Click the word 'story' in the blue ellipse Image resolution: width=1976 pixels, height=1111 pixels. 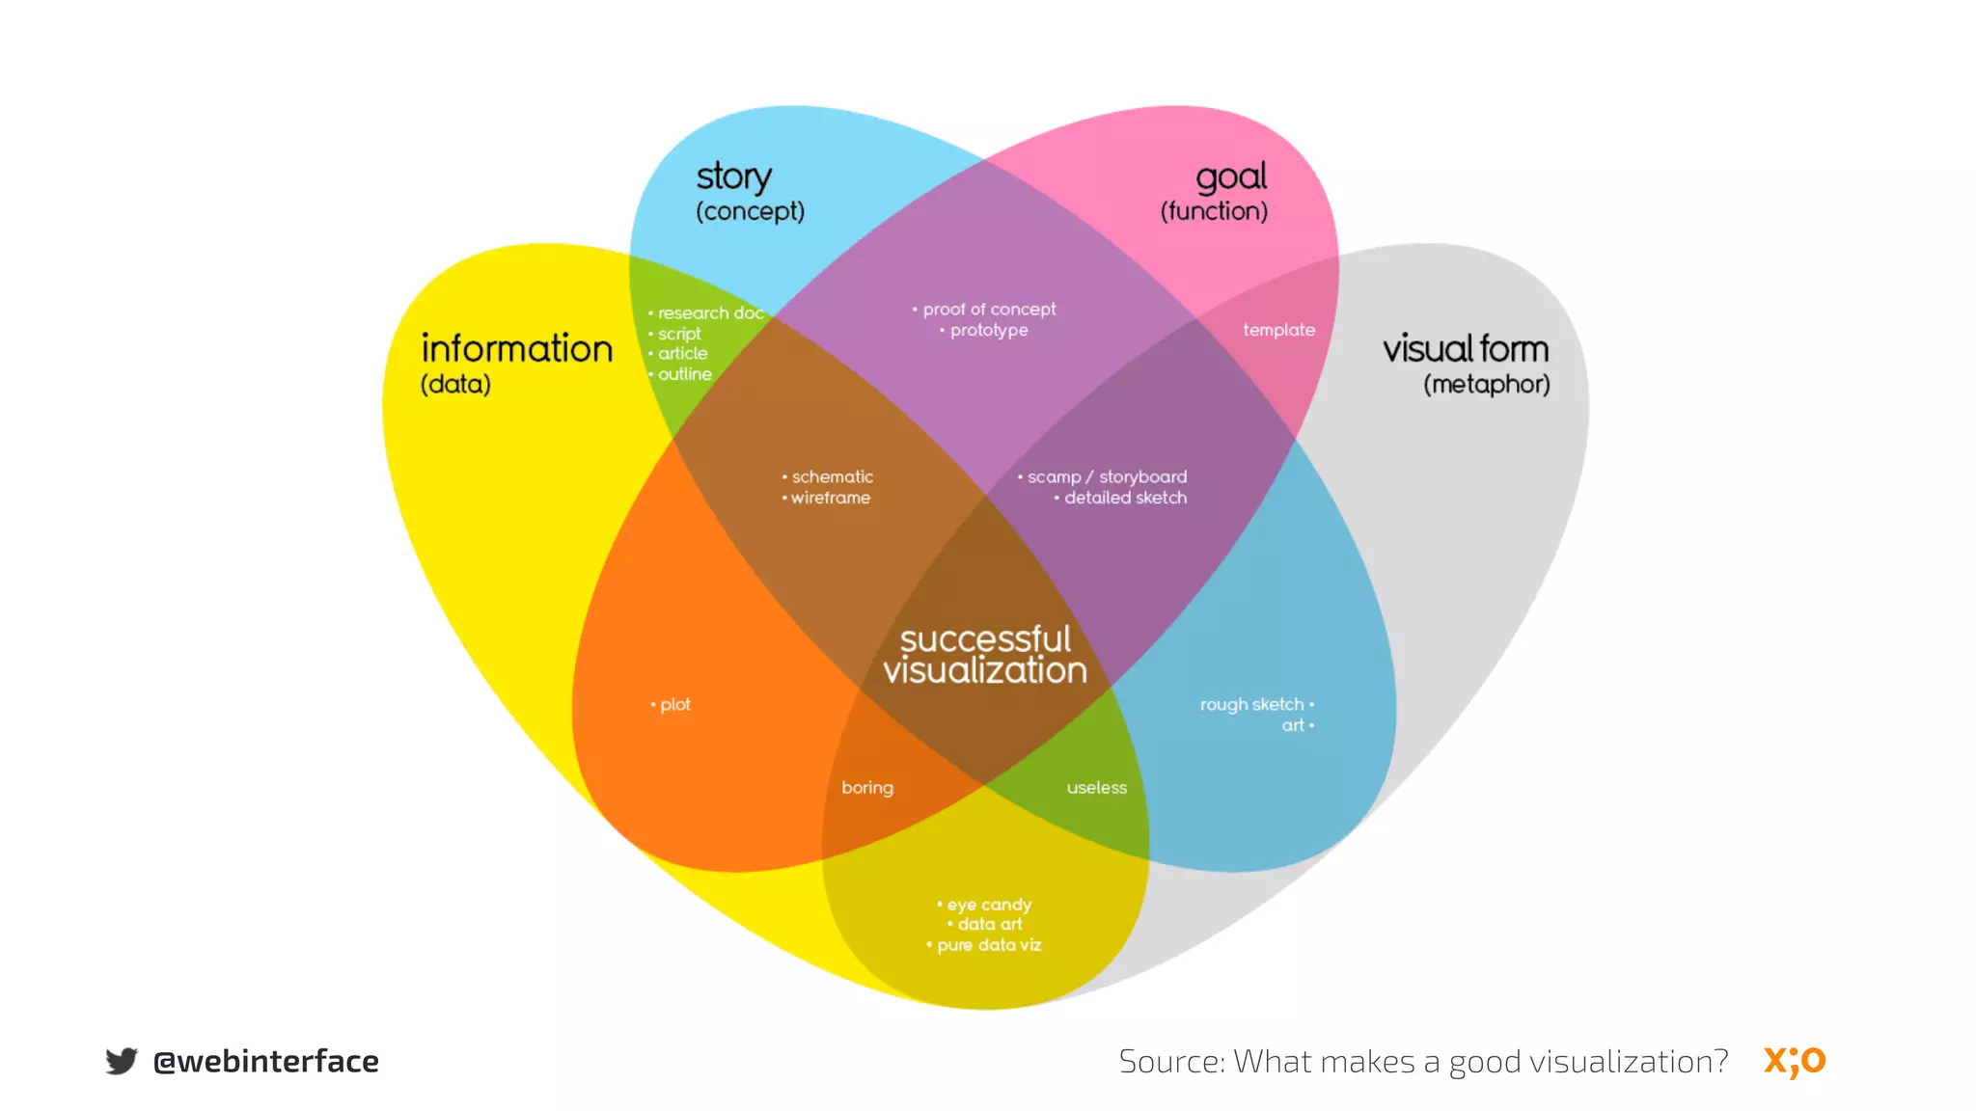(x=733, y=177)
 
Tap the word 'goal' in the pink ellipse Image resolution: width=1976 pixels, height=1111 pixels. (x=1231, y=177)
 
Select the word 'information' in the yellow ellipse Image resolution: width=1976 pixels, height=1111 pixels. (x=516, y=349)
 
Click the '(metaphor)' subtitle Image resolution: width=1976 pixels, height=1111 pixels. (x=1486, y=385)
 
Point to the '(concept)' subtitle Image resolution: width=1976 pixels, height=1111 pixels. (x=750, y=211)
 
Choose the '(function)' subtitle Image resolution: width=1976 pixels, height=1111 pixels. (x=1214, y=211)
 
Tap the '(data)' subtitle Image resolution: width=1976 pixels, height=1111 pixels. (x=455, y=385)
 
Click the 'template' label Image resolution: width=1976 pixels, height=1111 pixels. (x=1278, y=330)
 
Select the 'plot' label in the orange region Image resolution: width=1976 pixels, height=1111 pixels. (x=674, y=705)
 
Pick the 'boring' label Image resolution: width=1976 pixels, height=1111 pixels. (x=866, y=788)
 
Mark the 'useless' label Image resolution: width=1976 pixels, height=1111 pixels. (x=1096, y=788)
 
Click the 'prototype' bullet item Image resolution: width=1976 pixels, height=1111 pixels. (x=988, y=331)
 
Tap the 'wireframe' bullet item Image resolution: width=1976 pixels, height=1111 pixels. (x=830, y=499)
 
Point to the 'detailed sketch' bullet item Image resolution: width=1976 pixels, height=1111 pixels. (x=1125, y=499)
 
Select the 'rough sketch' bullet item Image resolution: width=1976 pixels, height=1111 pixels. (x=1251, y=705)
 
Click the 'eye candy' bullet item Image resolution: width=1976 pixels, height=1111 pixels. (x=988, y=905)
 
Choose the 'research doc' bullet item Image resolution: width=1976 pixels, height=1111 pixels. (x=710, y=313)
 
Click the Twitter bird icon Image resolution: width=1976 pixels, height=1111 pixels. (x=122, y=1061)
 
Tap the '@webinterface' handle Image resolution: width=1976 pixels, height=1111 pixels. (x=265, y=1062)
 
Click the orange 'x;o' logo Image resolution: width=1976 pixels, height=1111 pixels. (x=1795, y=1061)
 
